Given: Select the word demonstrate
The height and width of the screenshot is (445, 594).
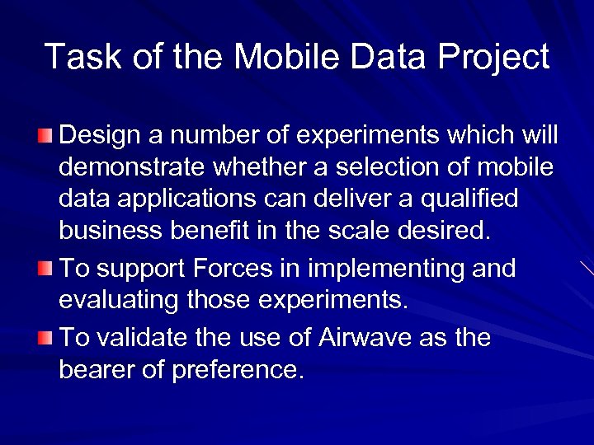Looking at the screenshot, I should point(133,167).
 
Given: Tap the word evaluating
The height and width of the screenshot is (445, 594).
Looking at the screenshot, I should point(120,301).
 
